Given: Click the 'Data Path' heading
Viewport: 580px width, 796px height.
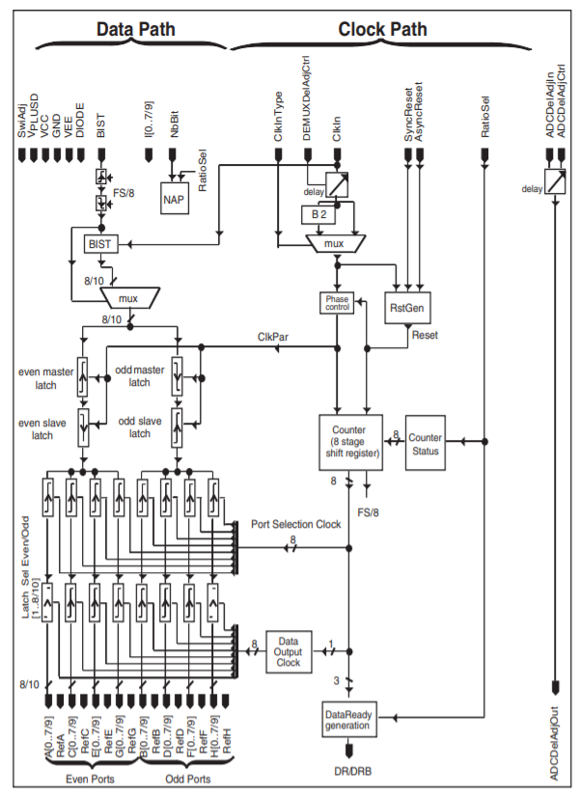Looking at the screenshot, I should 135,29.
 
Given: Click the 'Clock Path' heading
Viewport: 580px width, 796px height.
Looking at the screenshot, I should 382,29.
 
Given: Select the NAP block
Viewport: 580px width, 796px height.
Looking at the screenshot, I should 174,199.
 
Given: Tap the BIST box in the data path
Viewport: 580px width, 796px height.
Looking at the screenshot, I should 100,245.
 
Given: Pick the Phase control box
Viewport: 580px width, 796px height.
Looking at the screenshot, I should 337,303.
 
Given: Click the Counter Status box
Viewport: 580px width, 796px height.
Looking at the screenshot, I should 425,444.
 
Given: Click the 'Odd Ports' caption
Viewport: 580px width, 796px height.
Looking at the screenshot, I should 187,778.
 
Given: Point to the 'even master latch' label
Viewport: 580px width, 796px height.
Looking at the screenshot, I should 45,378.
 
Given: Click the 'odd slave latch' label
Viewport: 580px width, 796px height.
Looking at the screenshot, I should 140,426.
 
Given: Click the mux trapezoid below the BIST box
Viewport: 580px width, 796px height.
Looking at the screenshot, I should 128,299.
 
